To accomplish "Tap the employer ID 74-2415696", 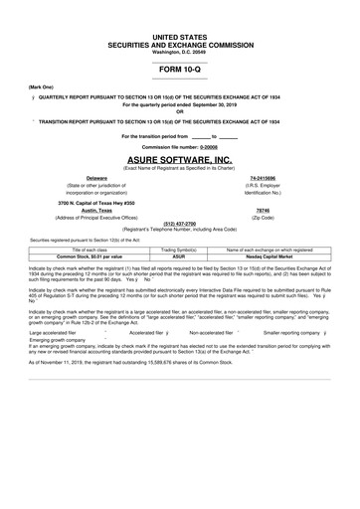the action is click(264, 177).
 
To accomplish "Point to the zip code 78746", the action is click(264, 210).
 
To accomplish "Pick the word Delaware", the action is click(97, 177).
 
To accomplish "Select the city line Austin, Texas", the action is click(97, 210).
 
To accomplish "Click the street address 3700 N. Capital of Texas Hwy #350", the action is click(97, 202).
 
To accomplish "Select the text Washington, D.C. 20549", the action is click(180, 51).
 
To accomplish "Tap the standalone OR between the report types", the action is click(180, 110).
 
